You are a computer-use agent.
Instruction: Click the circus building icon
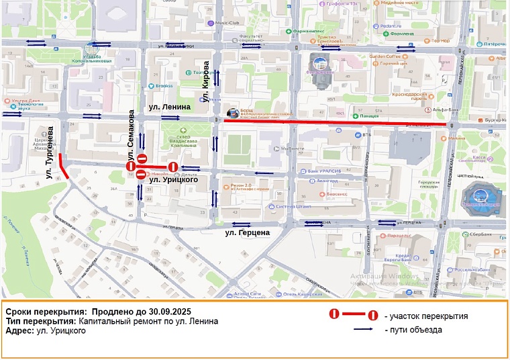point(480,195)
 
